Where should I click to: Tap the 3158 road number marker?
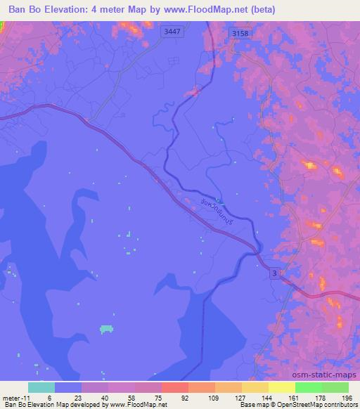click(240, 32)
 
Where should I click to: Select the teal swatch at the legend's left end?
click(41, 387)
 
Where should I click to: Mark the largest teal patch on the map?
click(107, 328)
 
